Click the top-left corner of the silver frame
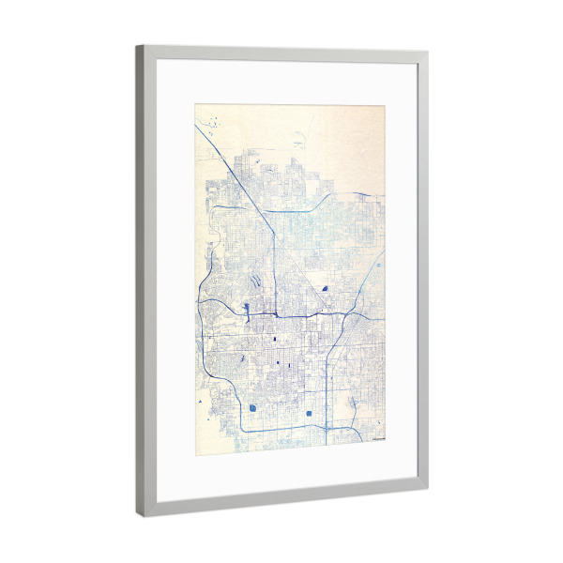[x=137, y=47]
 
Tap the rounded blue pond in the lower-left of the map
[x=253, y=408]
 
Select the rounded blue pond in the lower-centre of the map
[x=308, y=413]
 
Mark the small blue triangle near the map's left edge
[x=201, y=402]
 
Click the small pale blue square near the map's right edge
[x=378, y=266]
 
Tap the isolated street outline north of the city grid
[x=297, y=144]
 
